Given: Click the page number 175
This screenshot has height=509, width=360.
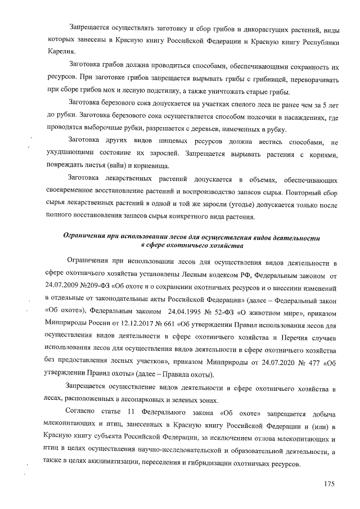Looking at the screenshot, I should [x=328, y=485].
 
